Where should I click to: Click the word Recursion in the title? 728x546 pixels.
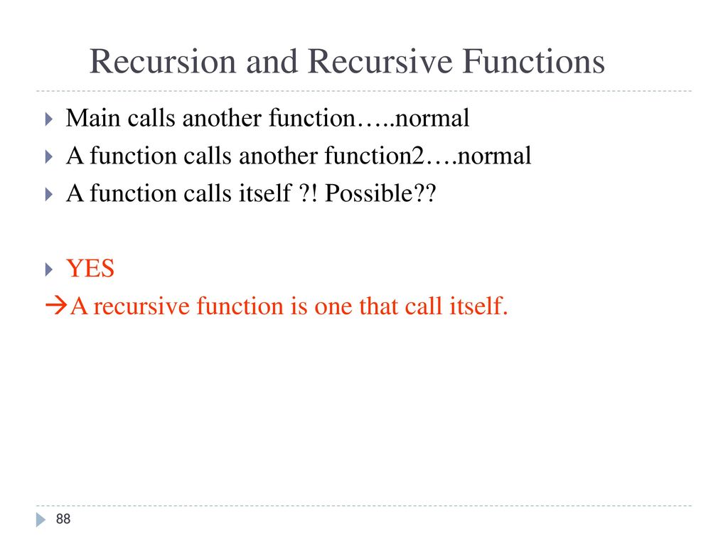pos(163,61)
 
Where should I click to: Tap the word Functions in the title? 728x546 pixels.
pos(534,61)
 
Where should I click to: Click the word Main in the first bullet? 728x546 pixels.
pos(93,118)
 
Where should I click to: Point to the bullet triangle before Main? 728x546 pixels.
pos(49,119)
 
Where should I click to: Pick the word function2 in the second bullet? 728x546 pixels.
pos(375,156)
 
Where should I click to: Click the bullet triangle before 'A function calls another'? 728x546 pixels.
pos(49,156)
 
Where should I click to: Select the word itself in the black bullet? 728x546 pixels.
pos(265,193)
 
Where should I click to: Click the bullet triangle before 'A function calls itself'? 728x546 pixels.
pos(49,194)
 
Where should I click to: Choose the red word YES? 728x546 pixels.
pos(90,268)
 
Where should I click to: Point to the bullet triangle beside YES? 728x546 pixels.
pos(49,269)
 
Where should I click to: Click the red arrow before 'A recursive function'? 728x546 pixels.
pos(56,306)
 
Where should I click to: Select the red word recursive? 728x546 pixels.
pos(141,306)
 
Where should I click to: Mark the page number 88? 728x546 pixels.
pos(63,518)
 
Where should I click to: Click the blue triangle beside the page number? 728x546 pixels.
pos(41,520)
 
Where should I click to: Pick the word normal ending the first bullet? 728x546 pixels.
pos(432,118)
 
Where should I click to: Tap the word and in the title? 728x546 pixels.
pos(272,61)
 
